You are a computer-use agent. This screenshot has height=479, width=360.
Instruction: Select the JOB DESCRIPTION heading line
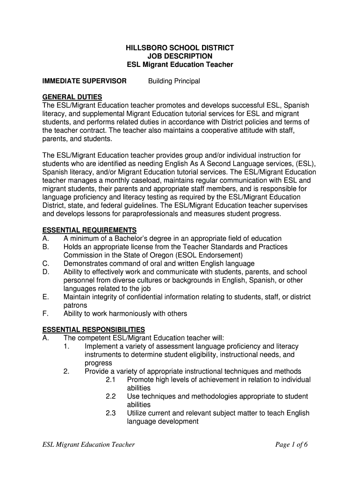tap(180, 56)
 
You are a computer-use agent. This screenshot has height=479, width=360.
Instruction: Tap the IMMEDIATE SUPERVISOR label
tap(84, 81)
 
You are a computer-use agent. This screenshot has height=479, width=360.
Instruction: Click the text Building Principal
tap(174, 81)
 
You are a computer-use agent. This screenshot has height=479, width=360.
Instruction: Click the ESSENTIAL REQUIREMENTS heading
tap(89, 230)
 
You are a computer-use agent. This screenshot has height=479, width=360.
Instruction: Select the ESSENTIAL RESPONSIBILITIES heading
tap(94, 329)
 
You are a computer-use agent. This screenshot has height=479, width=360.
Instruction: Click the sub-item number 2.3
tap(111, 413)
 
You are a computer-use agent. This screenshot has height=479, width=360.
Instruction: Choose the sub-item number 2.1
tap(111, 380)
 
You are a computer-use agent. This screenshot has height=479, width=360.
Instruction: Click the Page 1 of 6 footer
tap(291, 444)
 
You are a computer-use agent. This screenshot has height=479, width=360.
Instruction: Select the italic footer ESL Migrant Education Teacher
tap(88, 444)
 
